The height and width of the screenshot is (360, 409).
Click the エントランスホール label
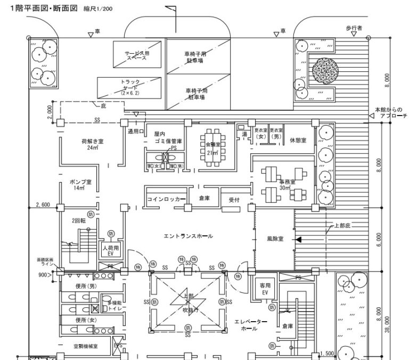pyautogui.click(x=188, y=236)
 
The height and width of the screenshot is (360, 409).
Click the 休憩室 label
pyautogui.click(x=298, y=141)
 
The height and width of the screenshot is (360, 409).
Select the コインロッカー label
pyautogui.click(x=167, y=199)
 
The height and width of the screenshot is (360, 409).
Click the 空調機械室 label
pyautogui.click(x=86, y=346)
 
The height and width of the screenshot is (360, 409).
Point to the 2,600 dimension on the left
pyautogui.click(x=42, y=204)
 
